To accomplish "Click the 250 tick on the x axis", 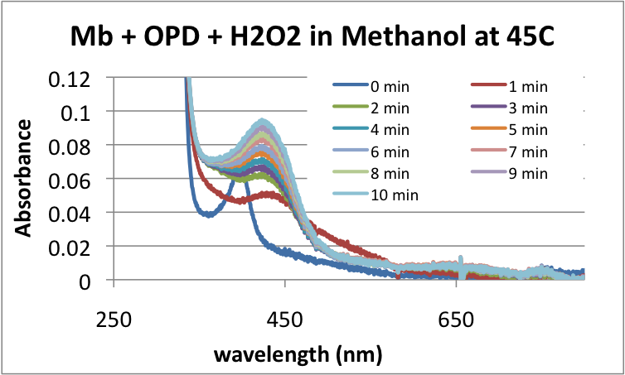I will pos(114,316).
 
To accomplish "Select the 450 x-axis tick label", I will pos(285,316).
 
